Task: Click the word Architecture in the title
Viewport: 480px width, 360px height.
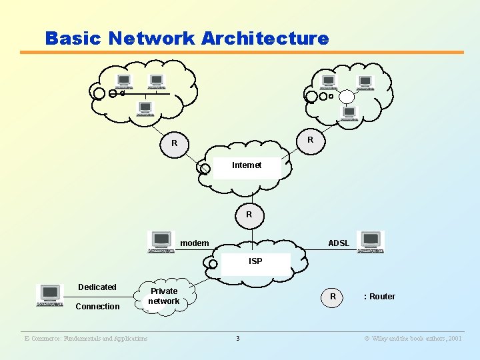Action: tap(263, 38)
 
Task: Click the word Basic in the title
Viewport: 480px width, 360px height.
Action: tap(72, 38)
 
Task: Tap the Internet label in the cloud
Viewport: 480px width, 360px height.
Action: tap(246, 165)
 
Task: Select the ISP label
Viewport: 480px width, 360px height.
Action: tap(255, 261)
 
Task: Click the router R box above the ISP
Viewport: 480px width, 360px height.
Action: tap(249, 215)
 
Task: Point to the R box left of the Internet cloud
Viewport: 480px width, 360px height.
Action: tap(174, 143)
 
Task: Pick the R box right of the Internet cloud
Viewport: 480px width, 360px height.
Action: tap(310, 140)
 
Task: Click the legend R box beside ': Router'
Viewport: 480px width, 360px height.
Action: tap(333, 297)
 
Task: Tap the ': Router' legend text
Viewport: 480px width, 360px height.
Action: tap(379, 297)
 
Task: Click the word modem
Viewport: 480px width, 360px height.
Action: tap(195, 243)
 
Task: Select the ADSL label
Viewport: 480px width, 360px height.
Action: tap(339, 243)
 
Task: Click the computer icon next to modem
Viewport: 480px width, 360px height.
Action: tap(161, 242)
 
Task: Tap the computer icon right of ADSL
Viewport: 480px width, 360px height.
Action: tap(370, 241)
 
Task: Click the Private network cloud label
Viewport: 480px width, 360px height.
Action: tap(164, 296)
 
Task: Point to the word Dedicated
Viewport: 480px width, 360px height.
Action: tap(97, 287)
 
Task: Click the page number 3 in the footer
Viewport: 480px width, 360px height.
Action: tap(237, 339)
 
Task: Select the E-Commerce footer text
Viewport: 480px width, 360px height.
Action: tap(85, 339)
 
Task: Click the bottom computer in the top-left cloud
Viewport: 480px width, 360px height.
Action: tap(145, 108)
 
